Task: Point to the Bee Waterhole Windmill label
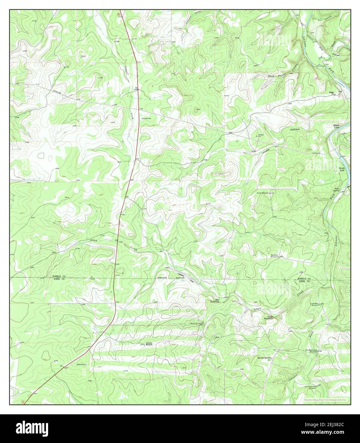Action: point(311,351)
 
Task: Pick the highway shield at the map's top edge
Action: point(119,14)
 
